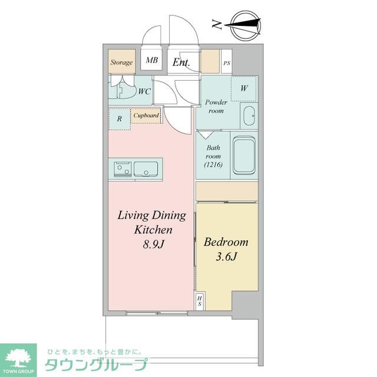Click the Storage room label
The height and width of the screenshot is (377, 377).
tap(121, 61)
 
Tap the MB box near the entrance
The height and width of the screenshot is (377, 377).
tap(152, 60)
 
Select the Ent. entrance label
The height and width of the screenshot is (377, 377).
tap(180, 61)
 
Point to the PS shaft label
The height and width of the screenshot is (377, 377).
tap(226, 62)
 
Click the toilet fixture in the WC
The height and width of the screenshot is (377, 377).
tap(124, 90)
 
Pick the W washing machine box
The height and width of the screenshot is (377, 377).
tap(244, 88)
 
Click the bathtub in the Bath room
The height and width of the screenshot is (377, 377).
tap(243, 156)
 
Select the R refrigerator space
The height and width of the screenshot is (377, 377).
tap(120, 118)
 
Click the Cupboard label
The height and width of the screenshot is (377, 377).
tap(146, 115)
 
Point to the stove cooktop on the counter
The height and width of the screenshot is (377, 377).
tap(122, 168)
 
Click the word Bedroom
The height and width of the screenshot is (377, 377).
tap(226, 242)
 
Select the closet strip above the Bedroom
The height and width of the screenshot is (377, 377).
tap(227, 191)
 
